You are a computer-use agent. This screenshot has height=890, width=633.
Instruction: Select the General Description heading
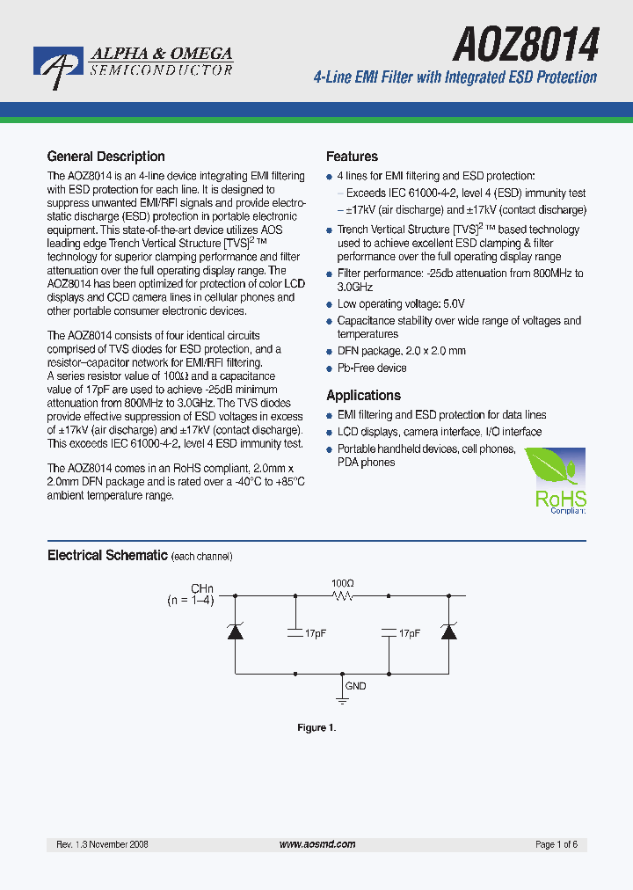[105, 157]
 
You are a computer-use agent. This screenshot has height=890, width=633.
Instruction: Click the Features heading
[352, 157]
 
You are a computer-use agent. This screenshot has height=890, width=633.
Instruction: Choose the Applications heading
[363, 396]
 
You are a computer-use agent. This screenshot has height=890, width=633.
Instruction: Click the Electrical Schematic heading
[106, 556]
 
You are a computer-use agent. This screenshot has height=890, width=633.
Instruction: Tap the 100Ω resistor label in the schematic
[342, 583]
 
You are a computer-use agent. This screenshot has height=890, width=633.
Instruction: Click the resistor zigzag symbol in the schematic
[342, 596]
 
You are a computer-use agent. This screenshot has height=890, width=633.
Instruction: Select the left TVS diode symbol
[236, 631]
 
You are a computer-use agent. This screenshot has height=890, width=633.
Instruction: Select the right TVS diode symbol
[449, 631]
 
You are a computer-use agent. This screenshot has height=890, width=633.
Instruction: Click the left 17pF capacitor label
[315, 633]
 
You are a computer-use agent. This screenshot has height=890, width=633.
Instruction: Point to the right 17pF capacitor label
[409, 633]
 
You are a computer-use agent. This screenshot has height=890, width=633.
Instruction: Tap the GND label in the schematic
[355, 686]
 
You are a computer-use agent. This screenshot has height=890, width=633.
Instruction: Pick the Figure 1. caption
[316, 727]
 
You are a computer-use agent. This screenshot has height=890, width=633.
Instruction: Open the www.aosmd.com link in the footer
[316, 844]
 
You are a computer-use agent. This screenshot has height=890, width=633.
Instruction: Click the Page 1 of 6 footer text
[556, 844]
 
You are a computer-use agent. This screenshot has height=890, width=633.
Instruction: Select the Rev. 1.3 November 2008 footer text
[102, 844]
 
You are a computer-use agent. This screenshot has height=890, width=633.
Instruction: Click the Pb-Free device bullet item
[371, 368]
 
